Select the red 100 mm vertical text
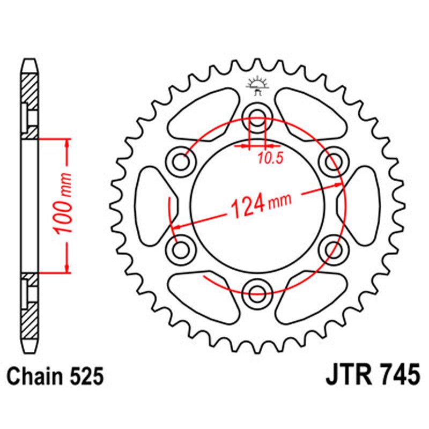coord(64,204)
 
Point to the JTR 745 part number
coord(372,376)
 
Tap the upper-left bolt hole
coord(181,159)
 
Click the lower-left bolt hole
coord(181,248)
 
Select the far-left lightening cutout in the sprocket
coord(153,204)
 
